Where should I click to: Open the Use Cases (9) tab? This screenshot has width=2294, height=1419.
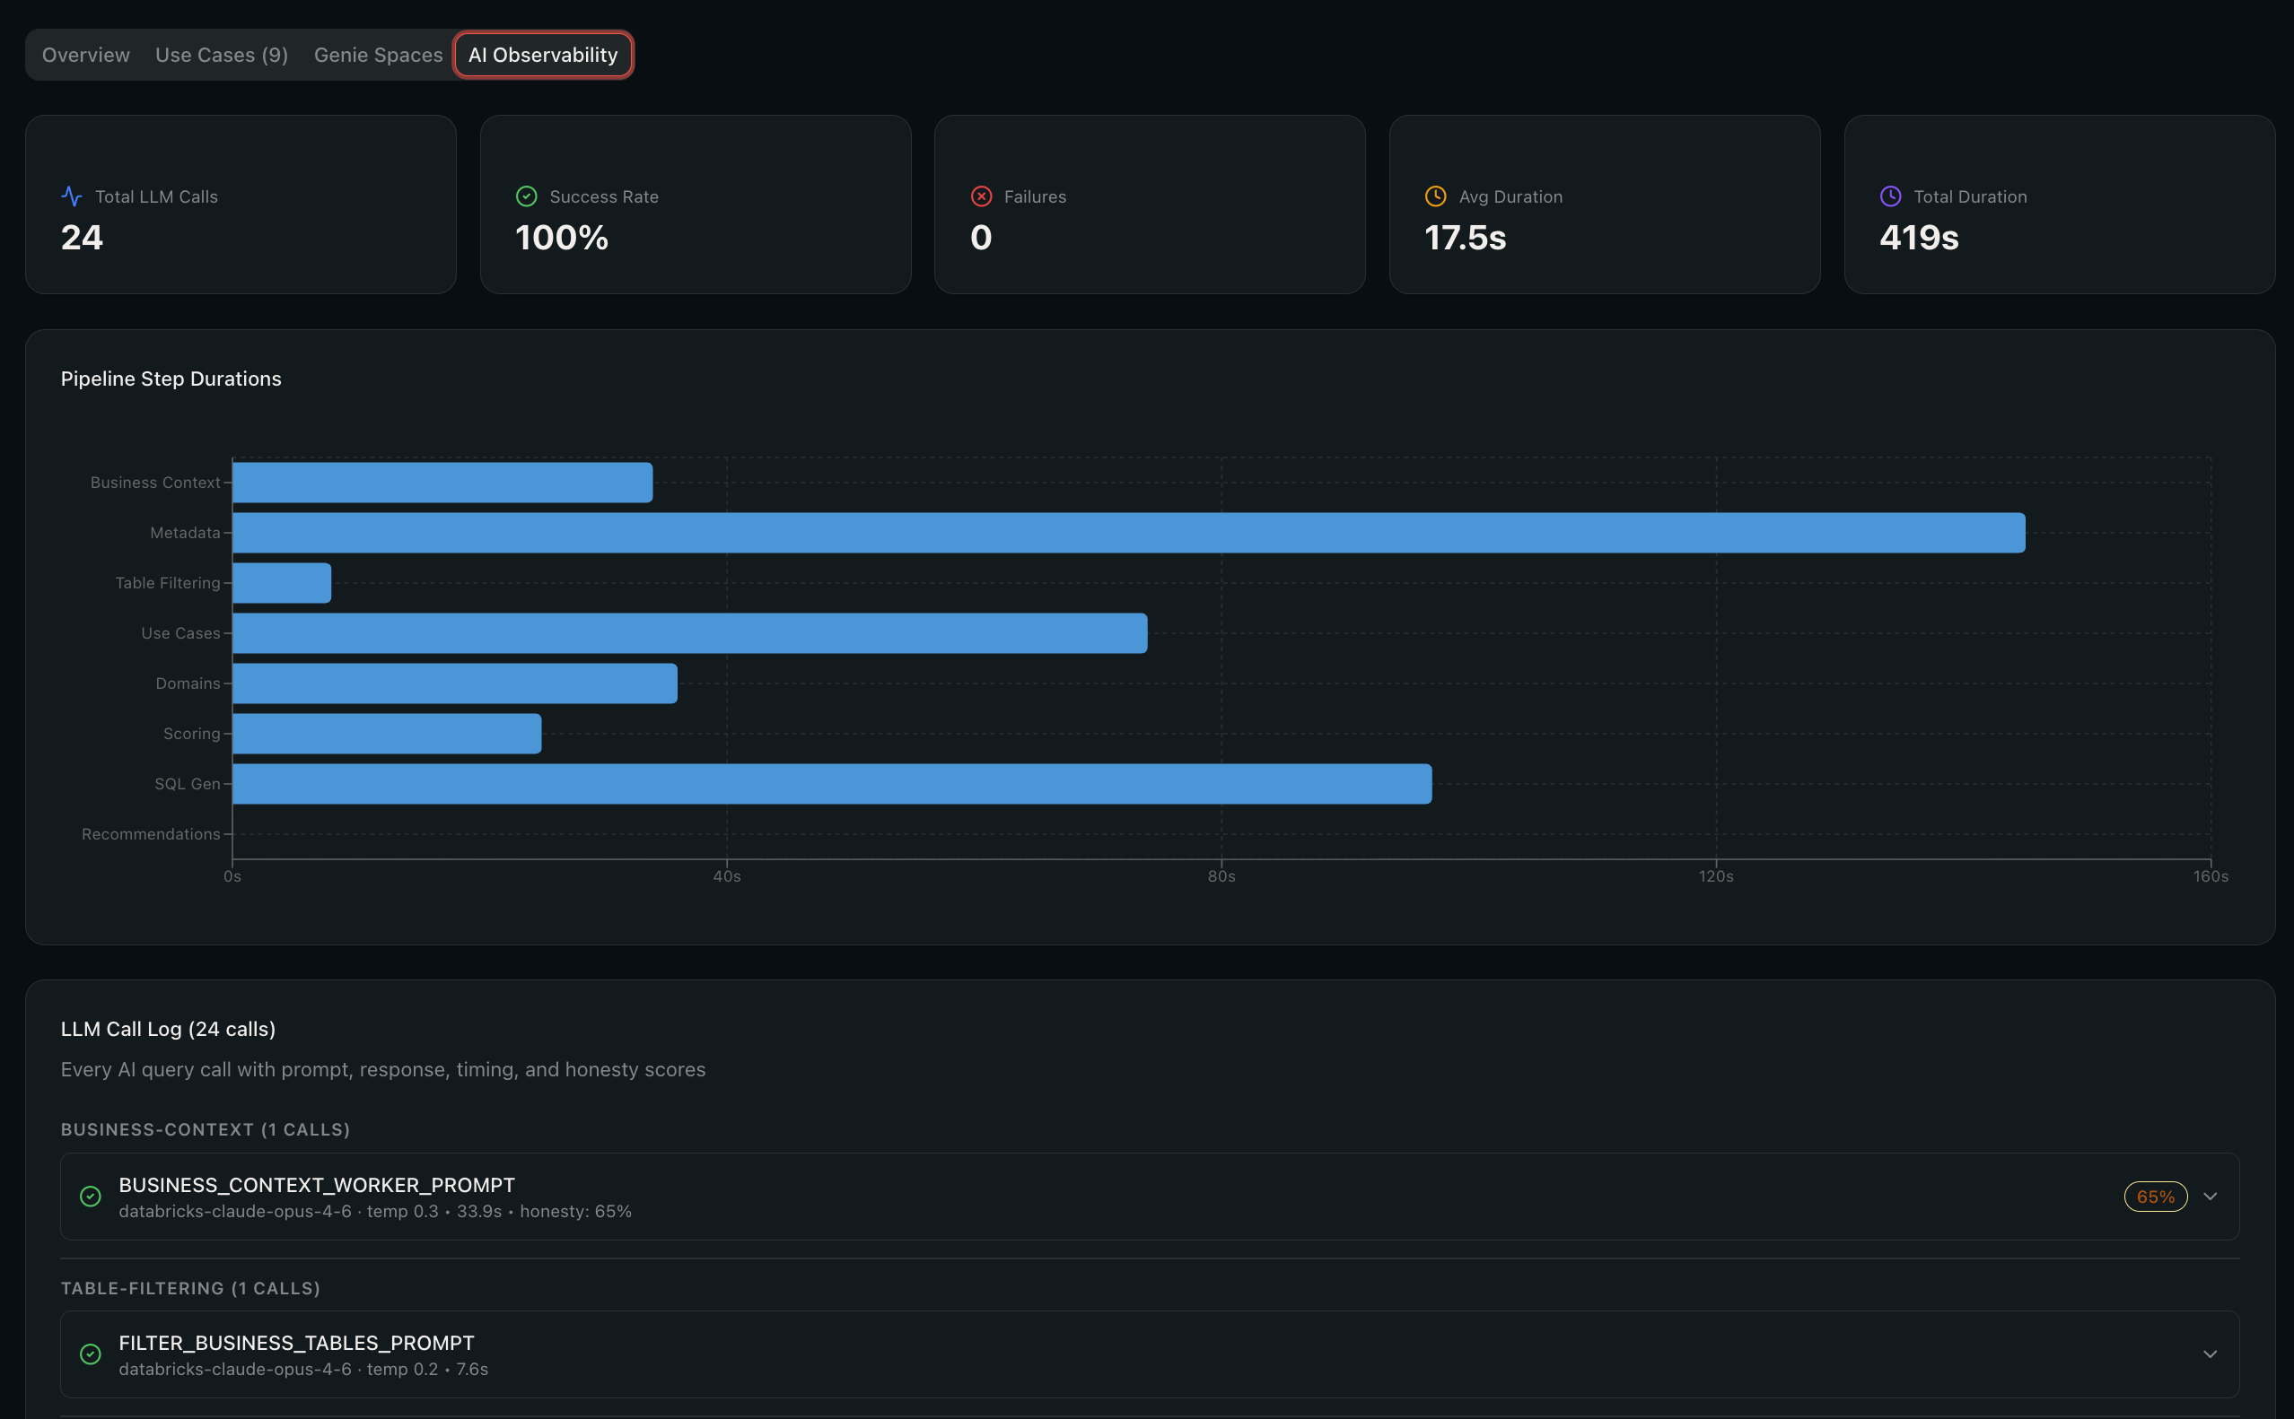click(222, 55)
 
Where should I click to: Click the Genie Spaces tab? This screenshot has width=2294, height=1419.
click(379, 55)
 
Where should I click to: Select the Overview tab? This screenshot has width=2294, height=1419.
click(86, 55)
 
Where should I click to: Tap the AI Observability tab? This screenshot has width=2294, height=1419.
click(543, 55)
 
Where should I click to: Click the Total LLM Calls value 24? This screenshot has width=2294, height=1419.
click(82, 238)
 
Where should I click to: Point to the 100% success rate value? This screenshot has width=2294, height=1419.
click(562, 238)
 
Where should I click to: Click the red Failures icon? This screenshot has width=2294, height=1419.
click(981, 196)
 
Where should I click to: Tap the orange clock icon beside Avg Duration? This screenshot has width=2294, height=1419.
click(1436, 196)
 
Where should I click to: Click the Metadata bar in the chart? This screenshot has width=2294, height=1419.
click(1129, 533)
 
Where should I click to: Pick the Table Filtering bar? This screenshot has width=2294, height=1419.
click(282, 583)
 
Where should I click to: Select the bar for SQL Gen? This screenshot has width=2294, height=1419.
click(832, 784)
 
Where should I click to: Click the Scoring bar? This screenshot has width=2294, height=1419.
click(387, 734)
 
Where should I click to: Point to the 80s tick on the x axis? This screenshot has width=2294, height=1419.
click(1221, 875)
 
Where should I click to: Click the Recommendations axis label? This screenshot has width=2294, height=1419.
click(151, 834)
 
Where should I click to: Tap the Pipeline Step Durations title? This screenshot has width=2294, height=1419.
click(171, 379)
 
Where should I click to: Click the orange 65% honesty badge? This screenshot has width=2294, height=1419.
click(2156, 1197)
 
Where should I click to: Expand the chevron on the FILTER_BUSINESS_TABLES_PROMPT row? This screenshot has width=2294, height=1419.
click(2211, 1354)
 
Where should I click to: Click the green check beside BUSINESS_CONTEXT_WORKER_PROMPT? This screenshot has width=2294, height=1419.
click(90, 1197)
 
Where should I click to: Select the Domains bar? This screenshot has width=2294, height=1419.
click(454, 683)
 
